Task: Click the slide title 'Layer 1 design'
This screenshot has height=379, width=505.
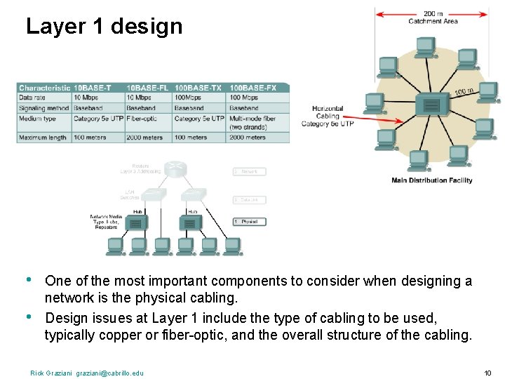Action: pos(104,27)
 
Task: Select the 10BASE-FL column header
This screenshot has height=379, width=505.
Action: pos(148,88)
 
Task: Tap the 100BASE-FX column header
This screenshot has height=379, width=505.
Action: pos(253,88)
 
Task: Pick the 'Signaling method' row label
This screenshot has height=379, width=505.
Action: pos(43,108)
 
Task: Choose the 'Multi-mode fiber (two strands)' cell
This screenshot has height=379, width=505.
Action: pos(253,123)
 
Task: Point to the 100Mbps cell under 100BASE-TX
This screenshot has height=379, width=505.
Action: pos(189,98)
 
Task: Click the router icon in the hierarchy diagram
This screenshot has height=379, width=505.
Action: pos(177,168)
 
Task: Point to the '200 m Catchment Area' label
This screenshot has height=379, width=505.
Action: pos(433,18)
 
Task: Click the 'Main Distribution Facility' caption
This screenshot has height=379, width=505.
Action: pos(431,180)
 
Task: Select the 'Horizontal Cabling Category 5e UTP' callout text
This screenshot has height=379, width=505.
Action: pos(328,117)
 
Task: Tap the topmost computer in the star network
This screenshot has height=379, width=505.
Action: pos(425,46)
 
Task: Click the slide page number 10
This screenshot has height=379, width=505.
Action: pos(487,373)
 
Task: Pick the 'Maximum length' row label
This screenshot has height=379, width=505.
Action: pos(43,138)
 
